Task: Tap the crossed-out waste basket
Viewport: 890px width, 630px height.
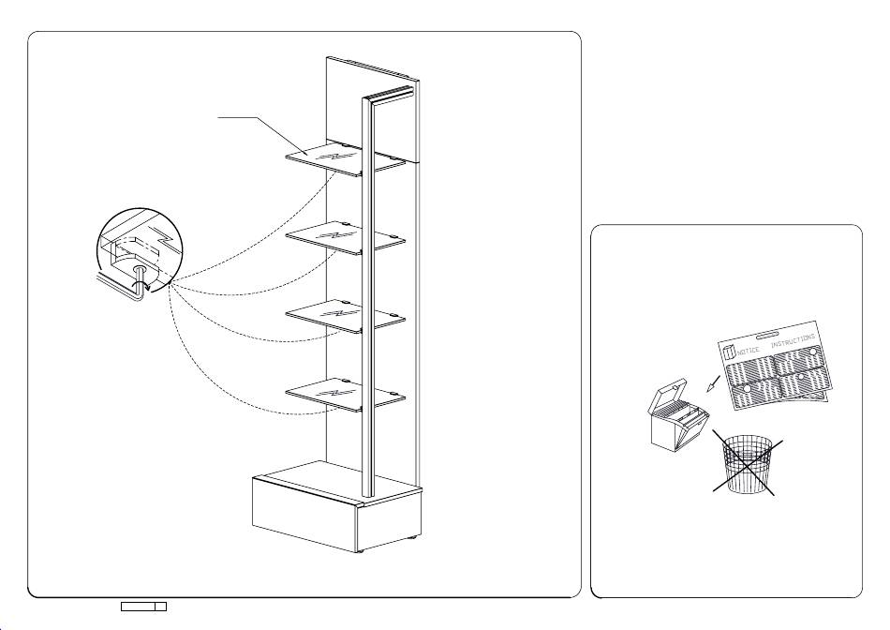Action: pos(747,463)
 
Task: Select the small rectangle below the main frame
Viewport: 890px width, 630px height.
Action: pos(143,607)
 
